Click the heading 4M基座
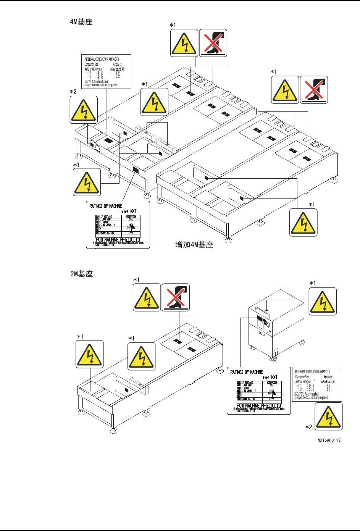pos(81,22)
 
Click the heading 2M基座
pos(81,274)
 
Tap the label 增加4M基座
pos(194,245)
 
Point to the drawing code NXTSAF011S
pos(329,440)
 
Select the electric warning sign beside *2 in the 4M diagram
pos(84,110)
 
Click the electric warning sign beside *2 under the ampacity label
pos(328,416)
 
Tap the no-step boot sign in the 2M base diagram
pos(176,297)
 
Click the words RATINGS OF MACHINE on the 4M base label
pos(106,206)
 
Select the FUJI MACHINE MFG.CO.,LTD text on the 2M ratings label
pos(259,406)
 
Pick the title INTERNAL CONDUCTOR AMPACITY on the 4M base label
pos(102,59)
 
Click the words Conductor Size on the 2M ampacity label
pos(302,377)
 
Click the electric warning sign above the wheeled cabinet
pos(323,302)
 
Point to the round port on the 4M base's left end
pos(97,148)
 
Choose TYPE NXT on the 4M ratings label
pos(129,211)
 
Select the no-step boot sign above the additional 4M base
pos(314,90)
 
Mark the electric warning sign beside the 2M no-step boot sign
pos(147,297)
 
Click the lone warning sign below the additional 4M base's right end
pos(303,223)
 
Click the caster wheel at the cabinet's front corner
pos(273,359)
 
